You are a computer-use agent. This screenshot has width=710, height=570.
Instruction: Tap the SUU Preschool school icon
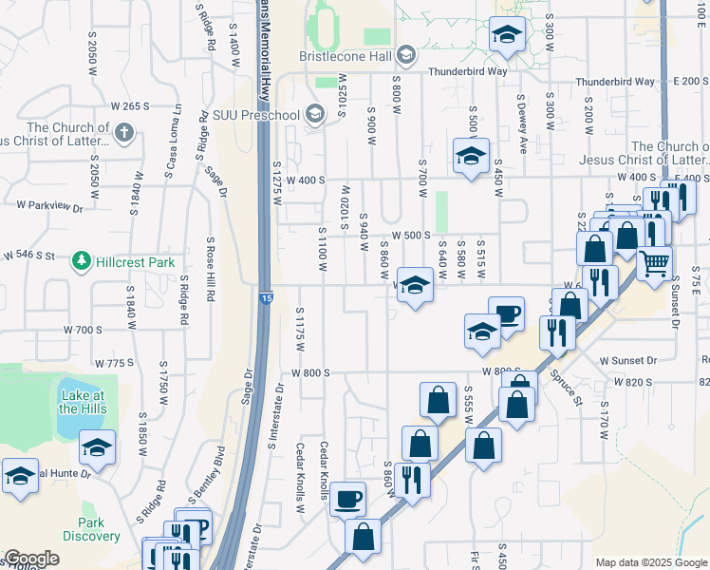[x=316, y=116]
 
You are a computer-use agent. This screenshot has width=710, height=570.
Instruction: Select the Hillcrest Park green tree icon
[x=83, y=260]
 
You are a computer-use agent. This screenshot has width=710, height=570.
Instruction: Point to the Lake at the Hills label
[x=83, y=402]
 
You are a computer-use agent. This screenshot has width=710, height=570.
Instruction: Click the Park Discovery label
[x=91, y=529]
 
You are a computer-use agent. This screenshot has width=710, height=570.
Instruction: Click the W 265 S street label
[x=130, y=106]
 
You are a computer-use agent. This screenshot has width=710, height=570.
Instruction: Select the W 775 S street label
[x=115, y=363]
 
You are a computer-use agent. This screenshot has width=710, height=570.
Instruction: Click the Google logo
[x=31, y=559]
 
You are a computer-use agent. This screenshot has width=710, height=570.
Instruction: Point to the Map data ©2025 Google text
[x=651, y=562]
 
